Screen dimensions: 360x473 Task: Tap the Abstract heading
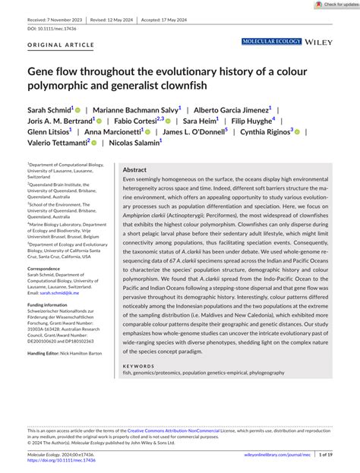(x=134, y=170)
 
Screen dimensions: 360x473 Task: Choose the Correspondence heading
(x=49, y=268)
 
